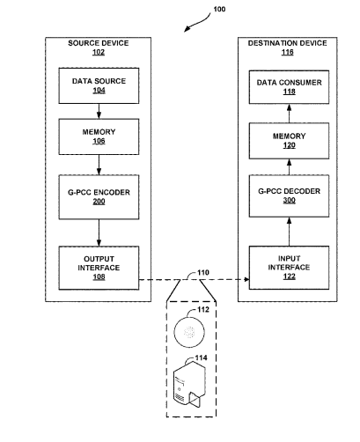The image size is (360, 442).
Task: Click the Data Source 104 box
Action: click(99, 85)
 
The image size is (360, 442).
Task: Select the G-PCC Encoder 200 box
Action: click(99, 197)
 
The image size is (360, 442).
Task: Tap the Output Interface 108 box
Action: click(99, 268)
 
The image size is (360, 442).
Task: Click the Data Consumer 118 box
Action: click(289, 87)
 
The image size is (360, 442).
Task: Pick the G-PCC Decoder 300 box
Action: click(289, 196)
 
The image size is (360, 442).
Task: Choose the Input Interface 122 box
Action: click(289, 268)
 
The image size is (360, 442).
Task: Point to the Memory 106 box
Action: click(99, 136)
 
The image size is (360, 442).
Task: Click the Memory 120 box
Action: click(289, 141)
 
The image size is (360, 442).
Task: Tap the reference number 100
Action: click(219, 10)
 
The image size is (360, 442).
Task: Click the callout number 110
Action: click(203, 273)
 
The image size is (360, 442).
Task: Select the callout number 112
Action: click(203, 310)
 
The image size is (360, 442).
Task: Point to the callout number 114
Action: click(202, 357)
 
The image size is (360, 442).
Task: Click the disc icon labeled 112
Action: click(189, 332)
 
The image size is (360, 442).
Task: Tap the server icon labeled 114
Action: click(189, 384)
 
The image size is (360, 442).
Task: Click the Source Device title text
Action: click(99, 43)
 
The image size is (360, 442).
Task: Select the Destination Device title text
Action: click(288, 43)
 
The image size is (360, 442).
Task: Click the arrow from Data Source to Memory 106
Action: click(99, 111)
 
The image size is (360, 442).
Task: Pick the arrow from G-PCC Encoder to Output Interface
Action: click(99, 232)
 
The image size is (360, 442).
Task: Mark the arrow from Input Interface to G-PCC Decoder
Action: click(289, 232)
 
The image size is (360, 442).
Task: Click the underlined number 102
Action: click(99, 52)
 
